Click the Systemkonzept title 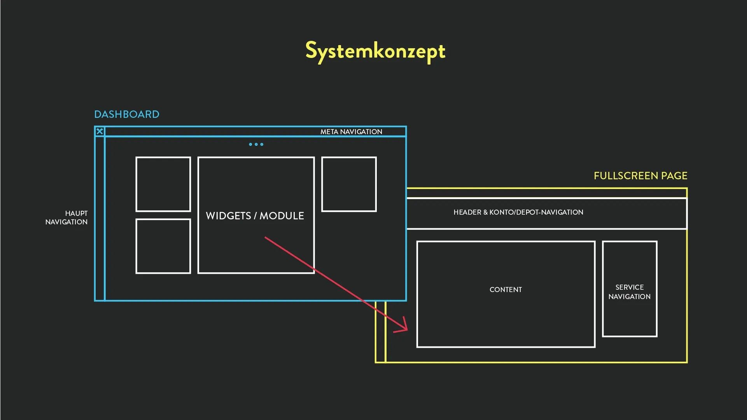coord(375,51)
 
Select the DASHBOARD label coord(127,114)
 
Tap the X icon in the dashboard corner coord(100,131)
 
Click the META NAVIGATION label coord(351,132)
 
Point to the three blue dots coord(256,144)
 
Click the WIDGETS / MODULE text coord(255,216)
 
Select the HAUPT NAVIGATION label coord(66,218)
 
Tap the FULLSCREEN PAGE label coord(640,176)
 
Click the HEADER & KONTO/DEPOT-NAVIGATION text coord(518,212)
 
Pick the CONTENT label coord(506,290)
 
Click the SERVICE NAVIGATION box coord(630,289)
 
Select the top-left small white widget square coord(163,184)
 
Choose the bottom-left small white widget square coord(163,246)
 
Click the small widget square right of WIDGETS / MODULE coord(349,184)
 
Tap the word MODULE coord(282,216)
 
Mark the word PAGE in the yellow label coord(674,176)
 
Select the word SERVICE coord(630,287)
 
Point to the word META coord(329,132)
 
